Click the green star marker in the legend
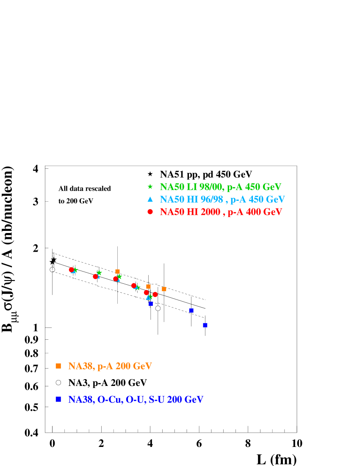(150, 186)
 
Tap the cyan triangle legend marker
(150, 199)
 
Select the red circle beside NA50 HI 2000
(150, 212)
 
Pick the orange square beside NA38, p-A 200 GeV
(58, 366)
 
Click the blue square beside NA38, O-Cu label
(58, 399)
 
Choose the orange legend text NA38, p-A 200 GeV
(110, 366)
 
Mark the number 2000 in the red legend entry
(210, 212)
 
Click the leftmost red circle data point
(71, 269)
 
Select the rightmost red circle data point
(155, 294)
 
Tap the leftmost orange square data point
(117, 272)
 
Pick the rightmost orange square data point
(164, 289)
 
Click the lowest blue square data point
(205, 325)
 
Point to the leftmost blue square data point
(151, 303)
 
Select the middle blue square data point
(191, 310)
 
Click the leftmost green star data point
(75, 270)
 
